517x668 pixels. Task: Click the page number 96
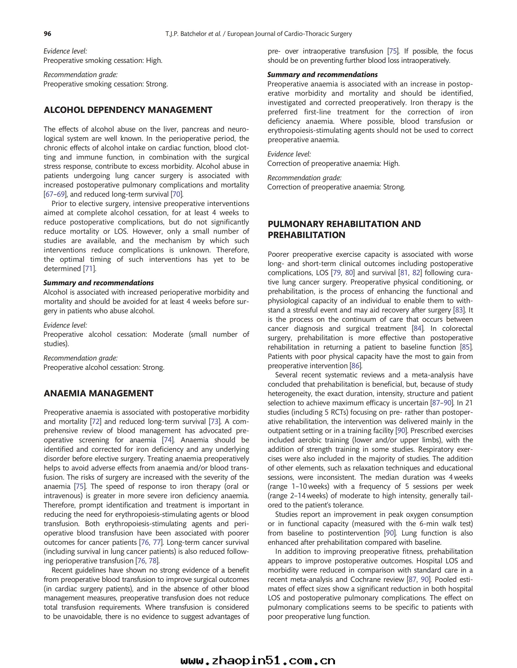click(48, 34)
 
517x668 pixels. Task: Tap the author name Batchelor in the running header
click(193, 34)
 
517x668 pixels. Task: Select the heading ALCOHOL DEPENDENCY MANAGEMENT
click(128, 110)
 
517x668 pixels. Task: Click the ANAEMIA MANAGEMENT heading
click(98, 393)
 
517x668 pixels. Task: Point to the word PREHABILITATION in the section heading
click(306, 235)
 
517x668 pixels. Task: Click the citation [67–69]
click(55, 194)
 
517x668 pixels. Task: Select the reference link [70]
click(177, 194)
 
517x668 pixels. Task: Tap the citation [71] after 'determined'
click(90, 269)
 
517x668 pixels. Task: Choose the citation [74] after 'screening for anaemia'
click(168, 440)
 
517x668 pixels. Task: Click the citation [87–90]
click(442, 403)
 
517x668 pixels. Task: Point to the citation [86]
click(355, 366)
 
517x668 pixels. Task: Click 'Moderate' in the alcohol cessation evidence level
click(168, 334)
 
